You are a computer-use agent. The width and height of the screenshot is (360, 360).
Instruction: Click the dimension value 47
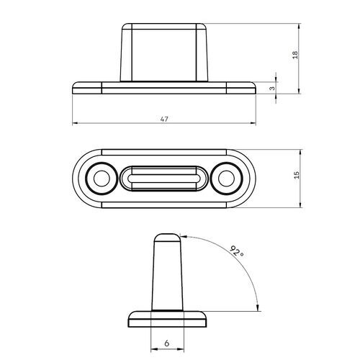click(164, 119)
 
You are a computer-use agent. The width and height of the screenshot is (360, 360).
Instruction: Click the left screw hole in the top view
click(99, 178)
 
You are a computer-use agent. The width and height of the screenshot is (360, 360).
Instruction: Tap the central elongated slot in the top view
click(164, 178)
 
